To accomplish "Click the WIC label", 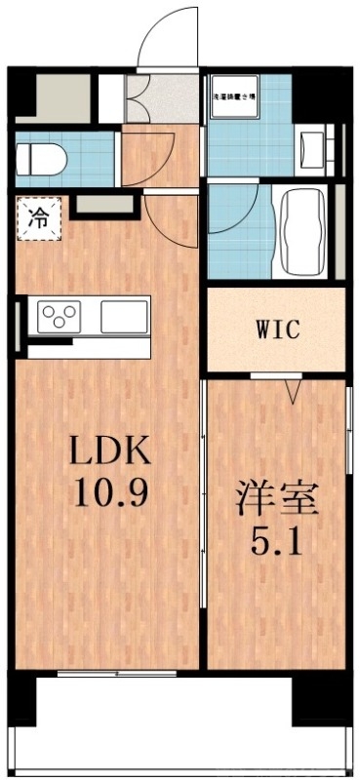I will click(278, 330).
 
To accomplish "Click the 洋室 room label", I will click(278, 500).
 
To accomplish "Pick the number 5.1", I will click(278, 539).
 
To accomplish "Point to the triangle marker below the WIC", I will click(292, 391).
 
